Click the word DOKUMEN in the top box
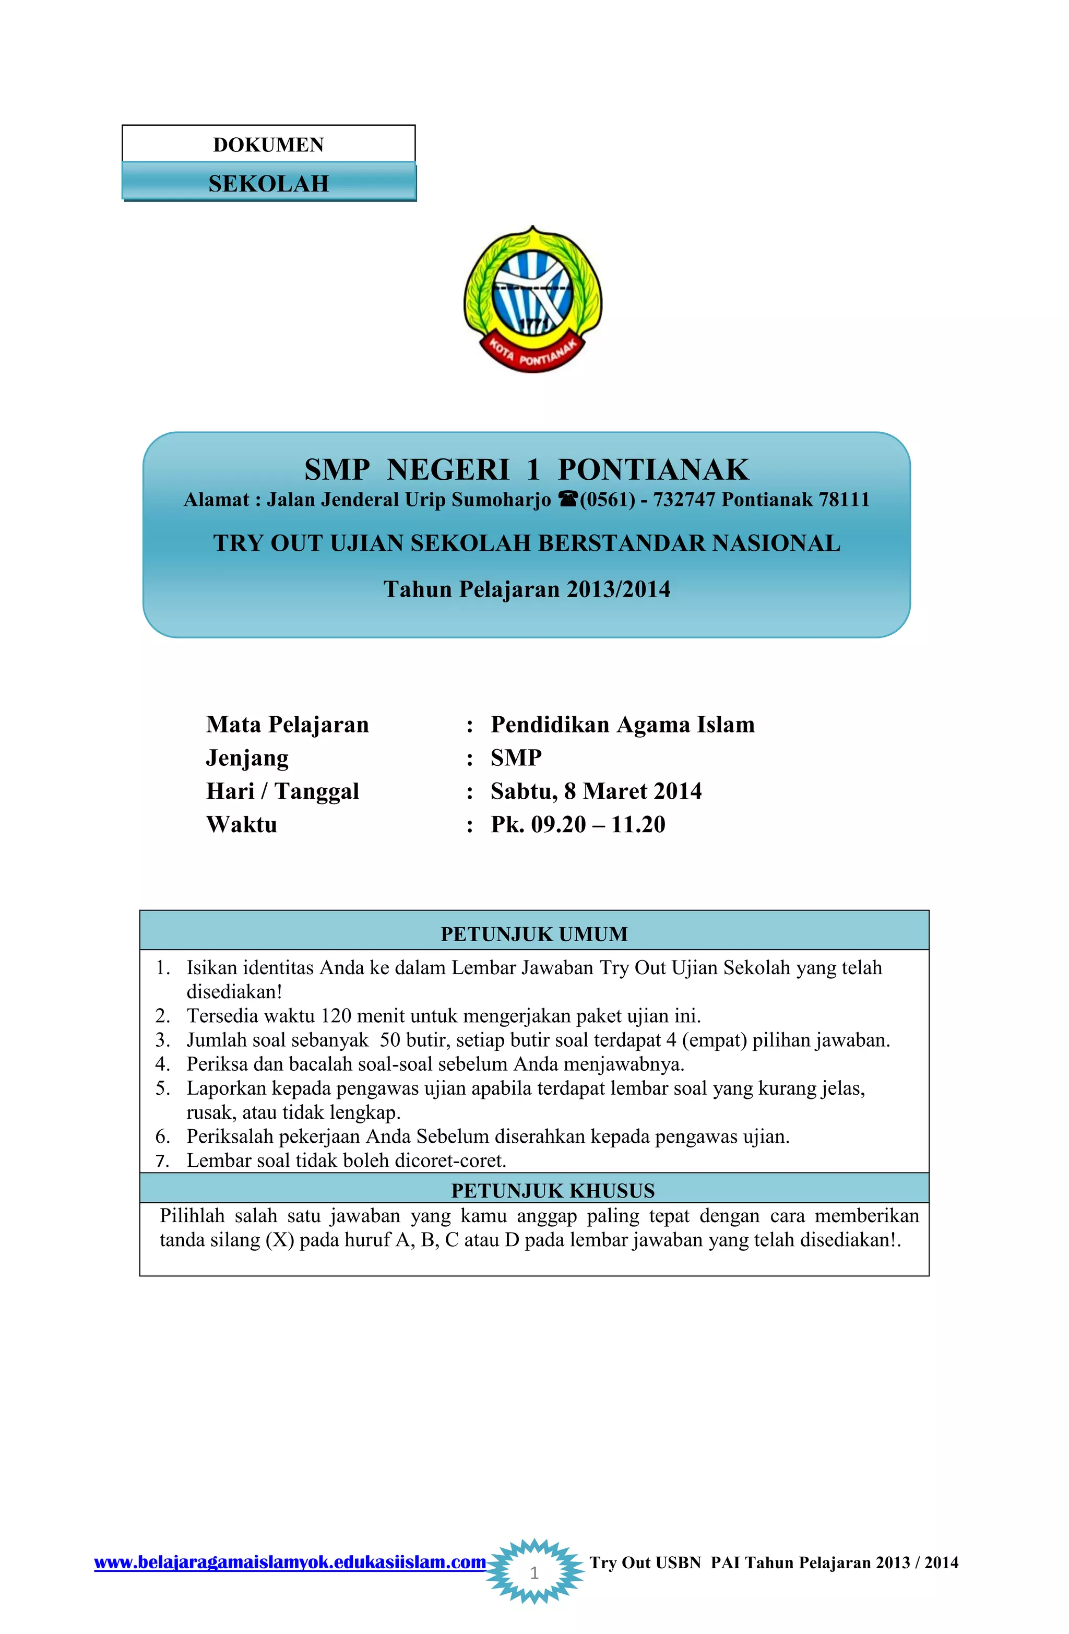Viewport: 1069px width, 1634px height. click(x=268, y=145)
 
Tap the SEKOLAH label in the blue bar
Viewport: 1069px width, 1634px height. click(x=268, y=183)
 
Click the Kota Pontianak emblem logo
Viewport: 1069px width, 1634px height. click(x=533, y=299)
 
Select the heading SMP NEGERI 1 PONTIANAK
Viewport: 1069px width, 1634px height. click(x=526, y=470)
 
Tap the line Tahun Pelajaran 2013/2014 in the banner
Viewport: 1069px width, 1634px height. click(x=526, y=589)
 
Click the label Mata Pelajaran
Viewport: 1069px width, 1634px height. click(x=287, y=724)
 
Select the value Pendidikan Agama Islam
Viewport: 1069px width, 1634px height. click(x=622, y=724)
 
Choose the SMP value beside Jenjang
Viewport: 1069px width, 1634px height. click(x=516, y=757)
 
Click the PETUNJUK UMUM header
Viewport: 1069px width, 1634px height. click(x=533, y=934)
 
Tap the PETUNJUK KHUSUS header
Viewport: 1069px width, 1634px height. click(x=552, y=1190)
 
